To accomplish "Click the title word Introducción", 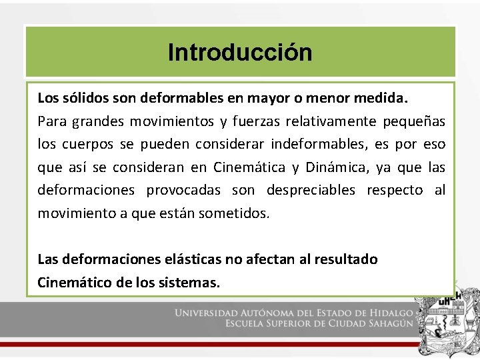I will click(240, 52).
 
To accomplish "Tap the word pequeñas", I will click(415, 121).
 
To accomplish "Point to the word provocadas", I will click(183, 191).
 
